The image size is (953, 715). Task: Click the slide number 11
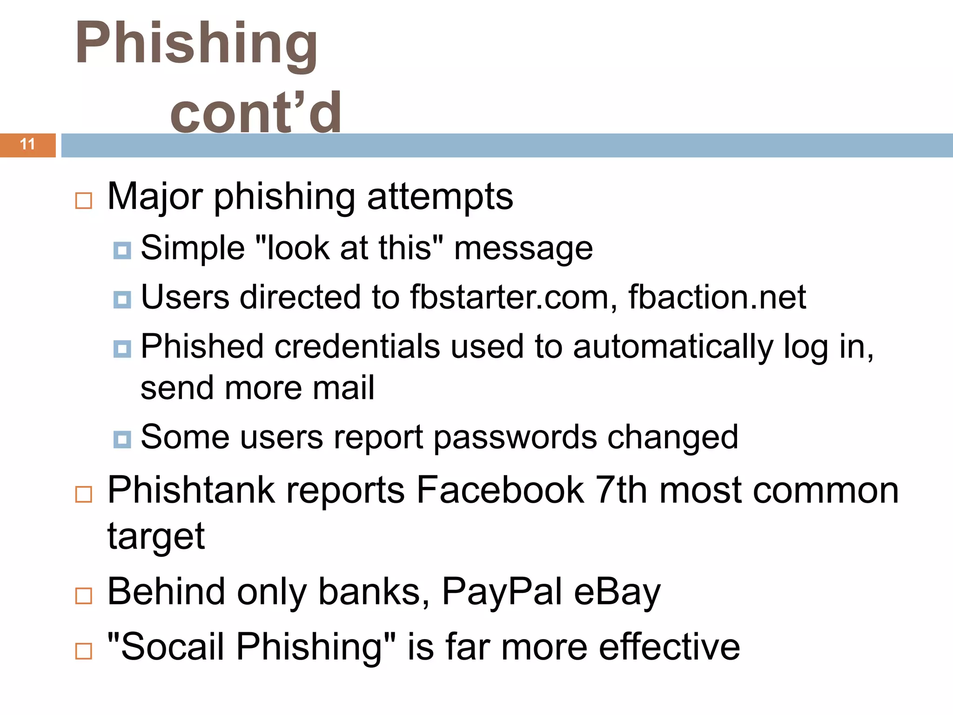coord(28,144)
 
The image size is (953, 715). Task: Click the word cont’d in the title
coord(256,112)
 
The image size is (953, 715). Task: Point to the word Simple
coord(193,248)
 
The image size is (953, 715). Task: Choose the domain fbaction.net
coord(717,297)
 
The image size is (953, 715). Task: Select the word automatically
coord(673,347)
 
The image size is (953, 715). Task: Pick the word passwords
coord(515,438)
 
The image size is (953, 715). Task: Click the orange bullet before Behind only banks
coord(84,595)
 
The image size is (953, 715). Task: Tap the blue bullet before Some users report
coord(122,439)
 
